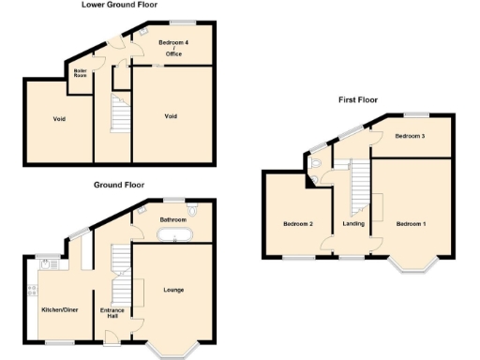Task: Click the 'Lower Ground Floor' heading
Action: [x=120, y=5]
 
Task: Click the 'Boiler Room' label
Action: [x=81, y=73]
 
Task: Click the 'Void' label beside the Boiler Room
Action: [x=58, y=119]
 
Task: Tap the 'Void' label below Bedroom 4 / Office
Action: [x=170, y=116]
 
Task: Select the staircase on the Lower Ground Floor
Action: [x=120, y=115]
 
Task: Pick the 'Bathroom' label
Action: [x=172, y=219]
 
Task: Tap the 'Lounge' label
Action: [x=172, y=290]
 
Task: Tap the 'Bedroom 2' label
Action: [x=297, y=223]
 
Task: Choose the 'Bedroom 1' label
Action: [x=410, y=223]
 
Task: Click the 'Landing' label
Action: [x=353, y=223]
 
